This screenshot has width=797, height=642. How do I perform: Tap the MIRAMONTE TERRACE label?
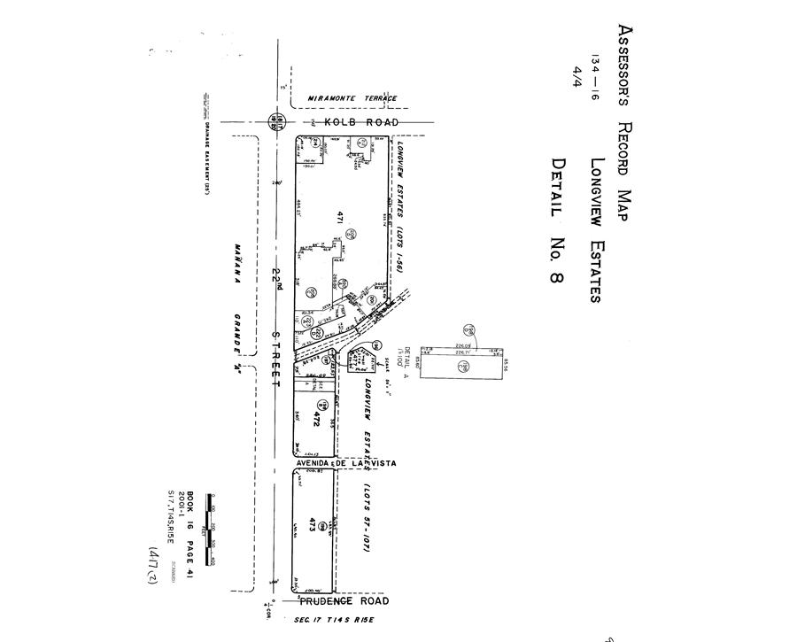pos(352,98)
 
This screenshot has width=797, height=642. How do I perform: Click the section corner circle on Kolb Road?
pos(277,122)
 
